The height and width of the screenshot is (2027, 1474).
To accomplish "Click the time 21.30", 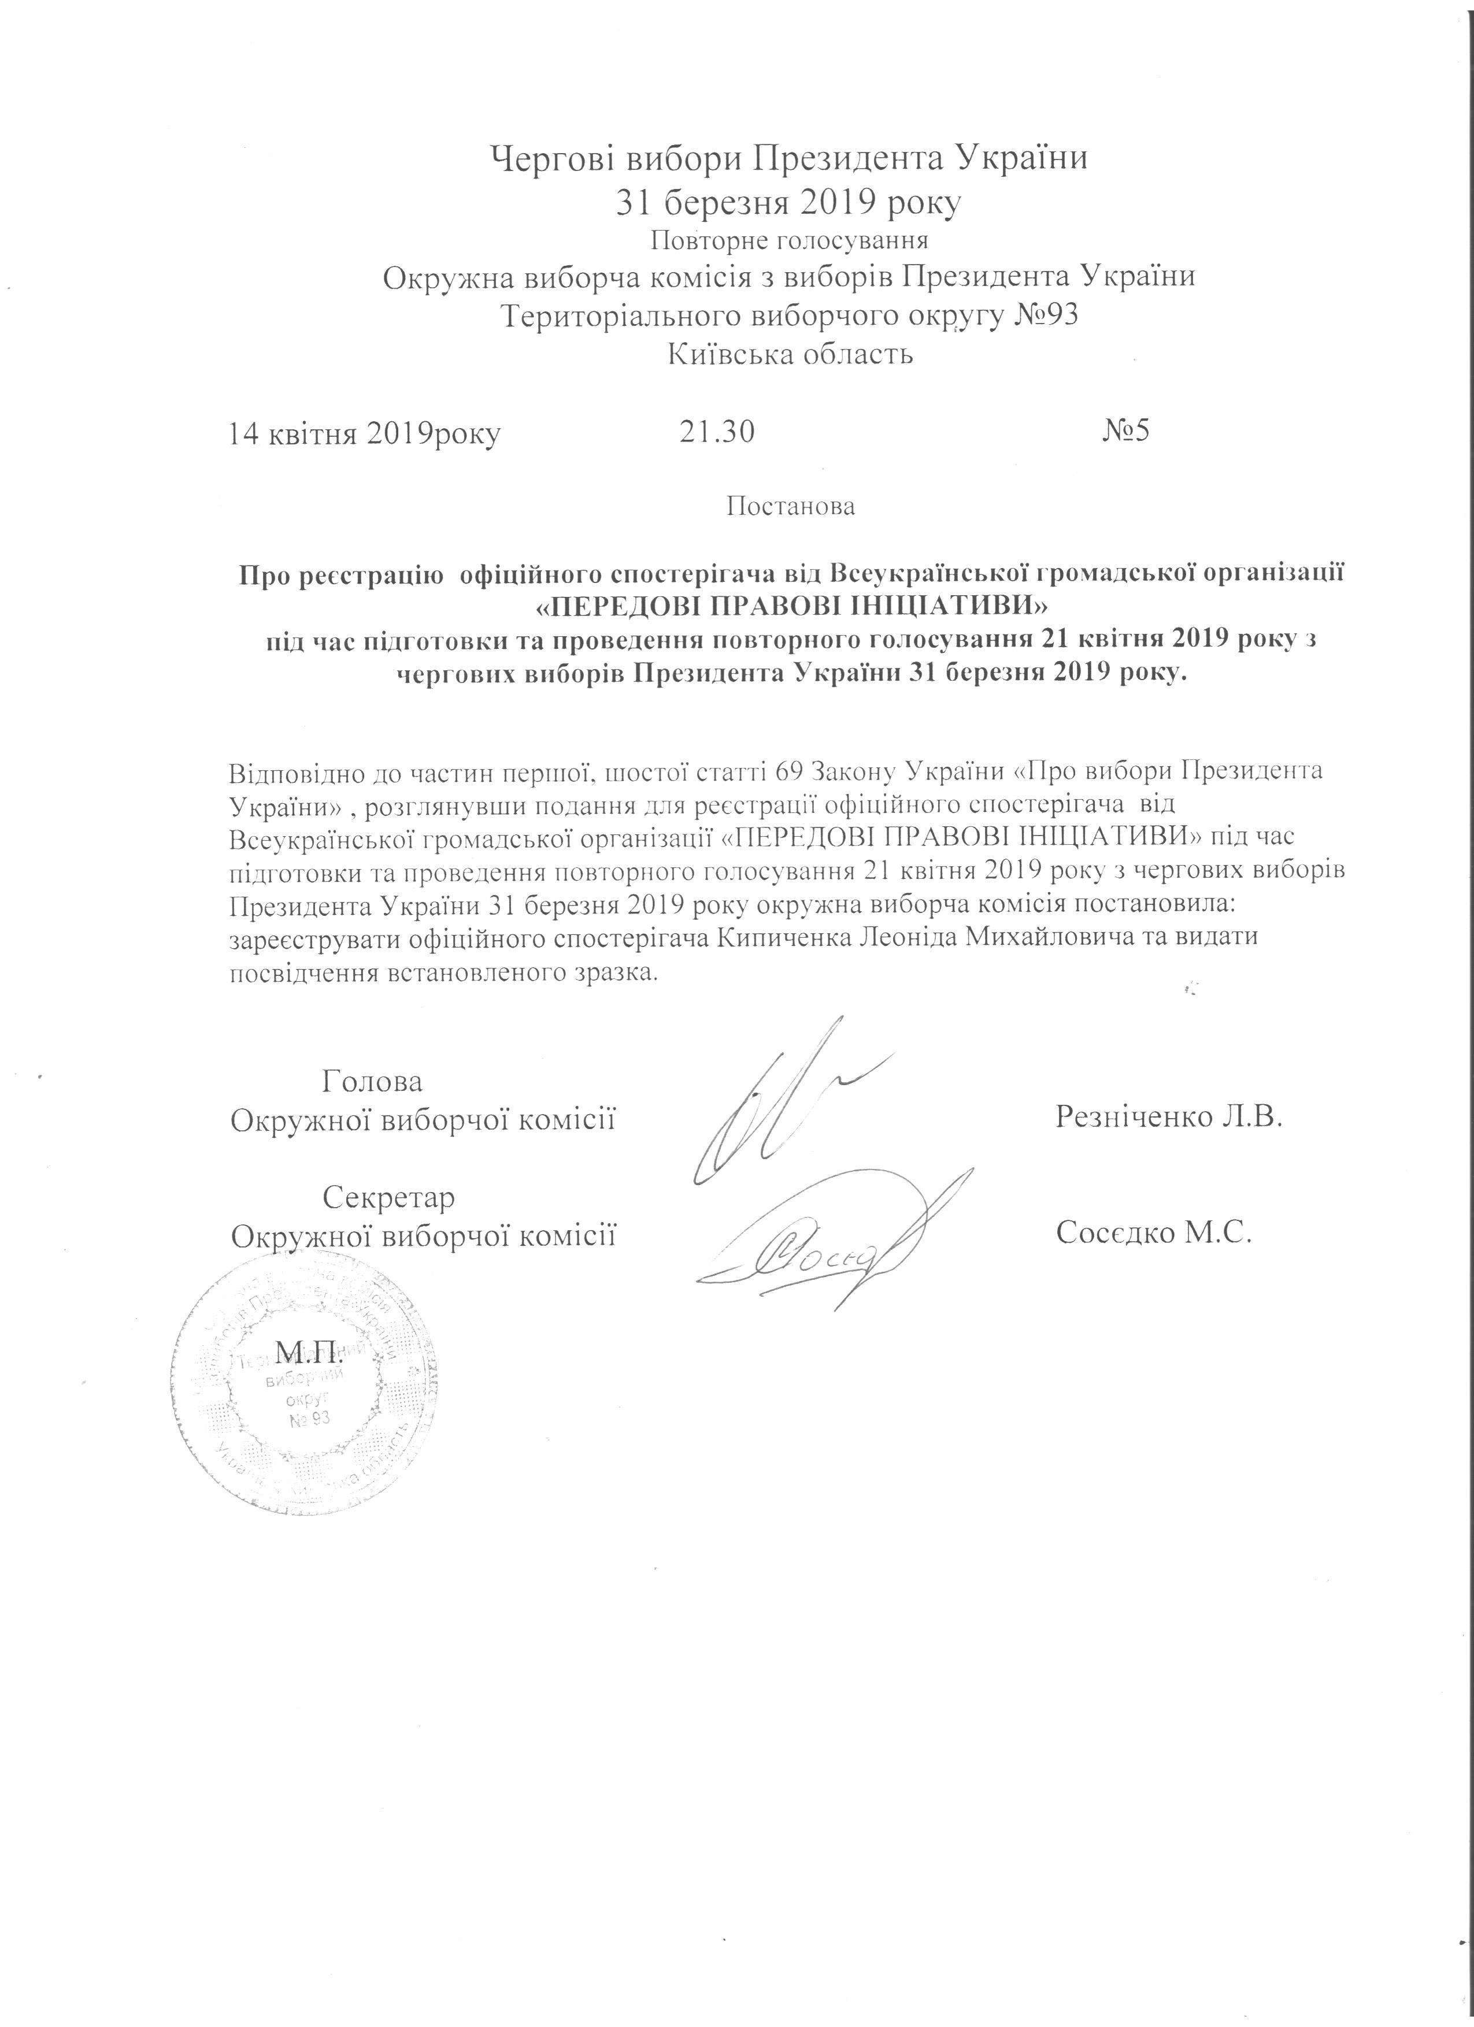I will click(716, 433).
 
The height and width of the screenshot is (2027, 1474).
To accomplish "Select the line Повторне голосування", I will click(788, 240).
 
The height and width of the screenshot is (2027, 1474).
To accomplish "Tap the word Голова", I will click(373, 1082).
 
